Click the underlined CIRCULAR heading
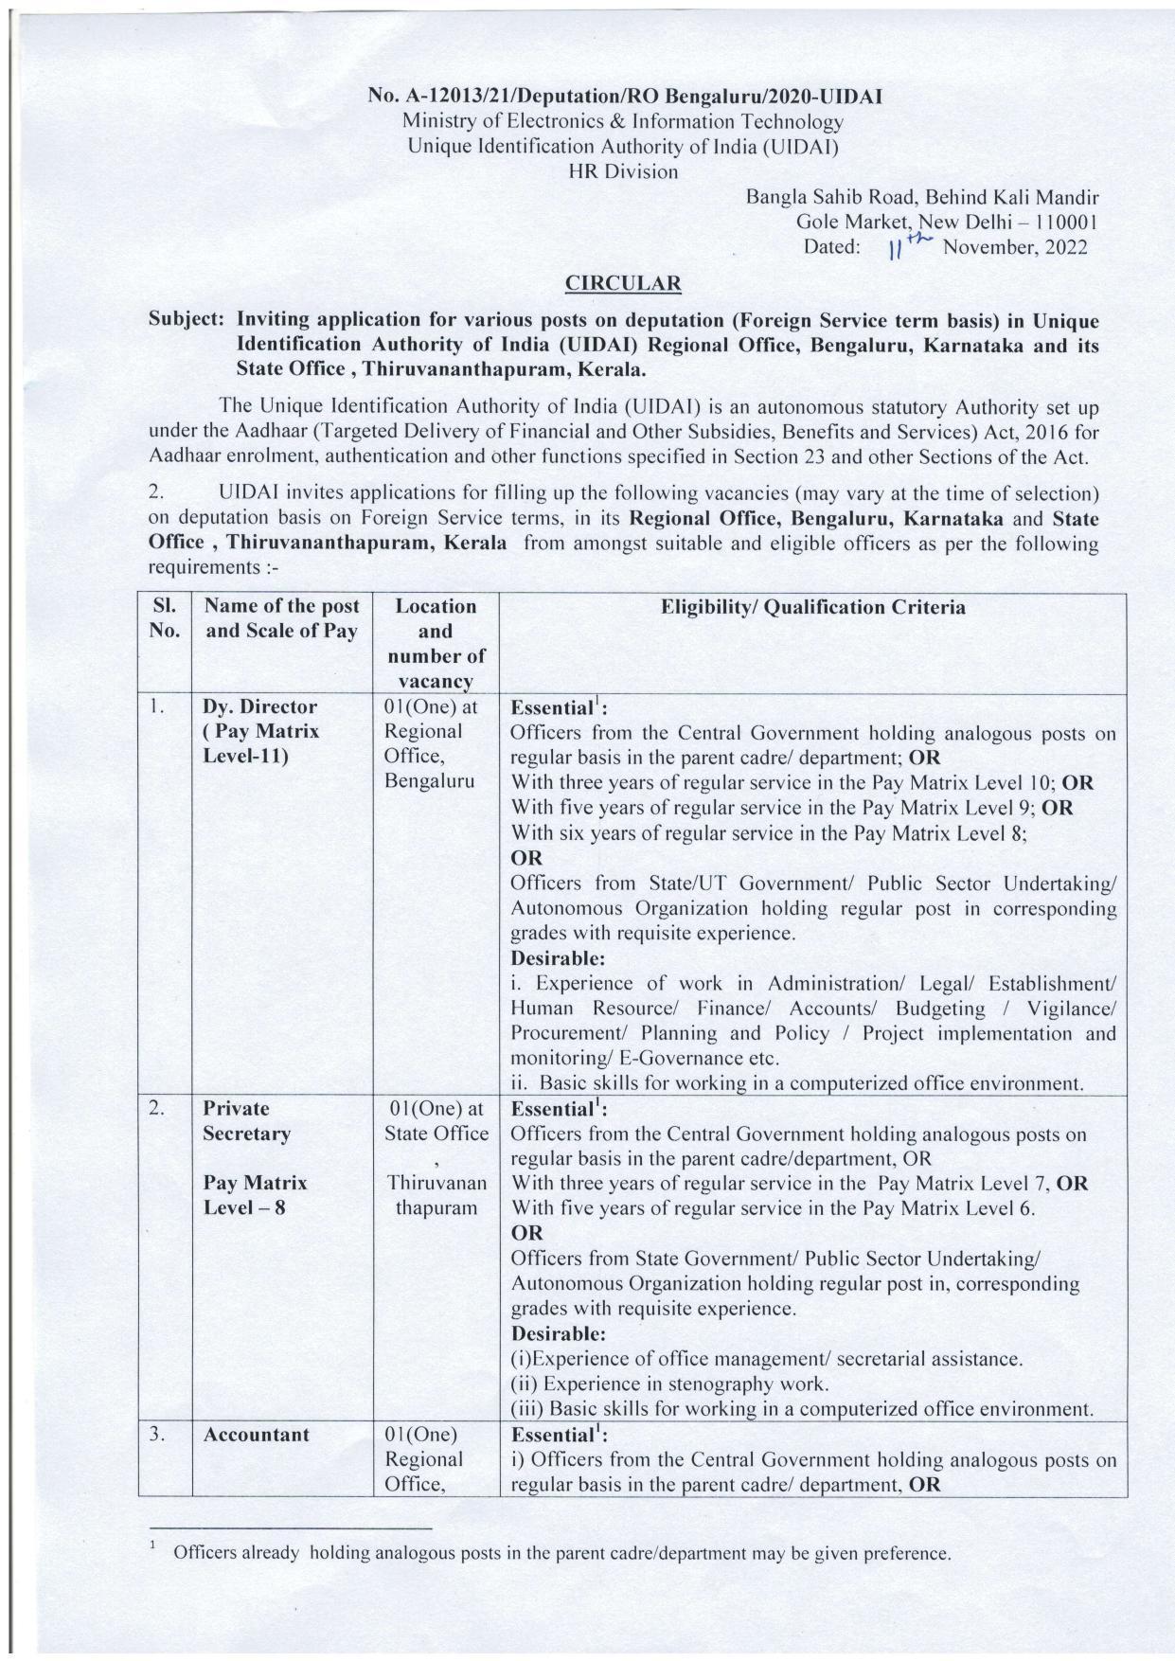tap(622, 283)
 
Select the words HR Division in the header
tap(622, 171)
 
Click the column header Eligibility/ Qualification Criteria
tap(812, 607)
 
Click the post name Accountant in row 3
tap(256, 1435)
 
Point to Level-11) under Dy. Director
tap(246, 757)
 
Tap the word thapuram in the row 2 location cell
tap(436, 1208)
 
